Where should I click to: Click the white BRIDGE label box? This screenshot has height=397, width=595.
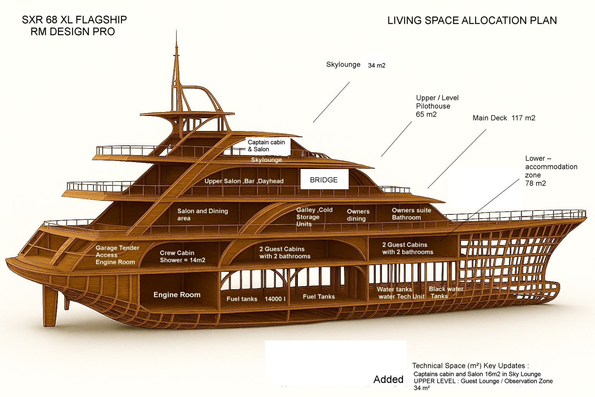324,180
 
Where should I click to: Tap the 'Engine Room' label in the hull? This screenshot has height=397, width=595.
177,295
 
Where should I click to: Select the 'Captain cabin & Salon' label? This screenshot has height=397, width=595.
267,145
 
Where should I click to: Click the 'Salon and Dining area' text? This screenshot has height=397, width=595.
202,214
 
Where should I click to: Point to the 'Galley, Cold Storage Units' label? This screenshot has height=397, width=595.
314,217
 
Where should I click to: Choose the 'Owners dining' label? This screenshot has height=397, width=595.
358,215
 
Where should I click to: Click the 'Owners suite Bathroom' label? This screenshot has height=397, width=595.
411,214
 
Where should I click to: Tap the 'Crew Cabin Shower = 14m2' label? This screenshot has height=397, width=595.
182,256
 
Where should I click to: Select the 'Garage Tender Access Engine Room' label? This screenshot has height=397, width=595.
117,255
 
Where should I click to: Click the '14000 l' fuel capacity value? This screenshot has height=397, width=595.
275,299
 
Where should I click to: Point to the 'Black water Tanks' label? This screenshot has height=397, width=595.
445,292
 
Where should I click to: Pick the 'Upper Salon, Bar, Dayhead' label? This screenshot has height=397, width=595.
244,181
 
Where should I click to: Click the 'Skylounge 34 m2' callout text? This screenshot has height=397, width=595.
356,65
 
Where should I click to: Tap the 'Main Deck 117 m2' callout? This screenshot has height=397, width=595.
504,118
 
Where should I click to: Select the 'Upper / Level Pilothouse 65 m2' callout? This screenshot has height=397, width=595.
437,106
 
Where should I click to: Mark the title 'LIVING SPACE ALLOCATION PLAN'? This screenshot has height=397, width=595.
472,21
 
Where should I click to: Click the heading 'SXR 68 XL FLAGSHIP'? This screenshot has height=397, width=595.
74,20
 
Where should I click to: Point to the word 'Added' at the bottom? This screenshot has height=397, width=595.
388,380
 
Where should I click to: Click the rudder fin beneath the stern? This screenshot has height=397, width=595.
50,306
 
